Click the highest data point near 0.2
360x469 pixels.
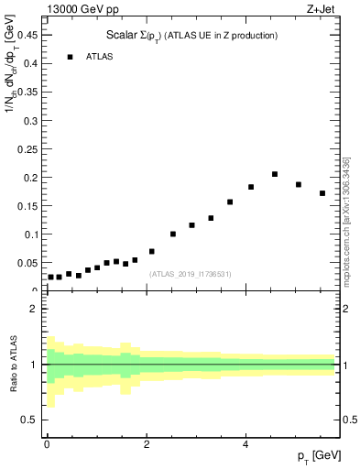274,174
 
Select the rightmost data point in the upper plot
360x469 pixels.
322,193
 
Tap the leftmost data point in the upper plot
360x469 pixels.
50,277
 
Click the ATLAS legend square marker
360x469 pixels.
70,57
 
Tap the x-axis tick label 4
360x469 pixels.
245,444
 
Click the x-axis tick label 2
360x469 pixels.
147,444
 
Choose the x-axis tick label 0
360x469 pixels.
47,444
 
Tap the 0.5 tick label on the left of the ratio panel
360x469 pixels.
29,420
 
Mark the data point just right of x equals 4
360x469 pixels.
250,187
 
